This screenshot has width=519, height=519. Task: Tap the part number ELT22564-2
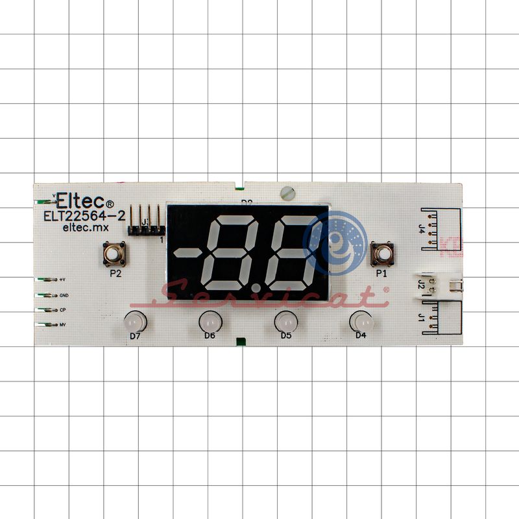click(x=84, y=215)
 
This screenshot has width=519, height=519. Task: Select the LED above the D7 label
click(x=134, y=320)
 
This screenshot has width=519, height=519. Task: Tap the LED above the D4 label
click(x=360, y=320)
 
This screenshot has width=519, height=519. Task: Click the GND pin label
click(x=64, y=295)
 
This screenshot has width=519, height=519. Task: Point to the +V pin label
click(x=62, y=280)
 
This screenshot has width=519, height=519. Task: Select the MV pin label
click(x=63, y=324)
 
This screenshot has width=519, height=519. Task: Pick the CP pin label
click(x=62, y=310)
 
